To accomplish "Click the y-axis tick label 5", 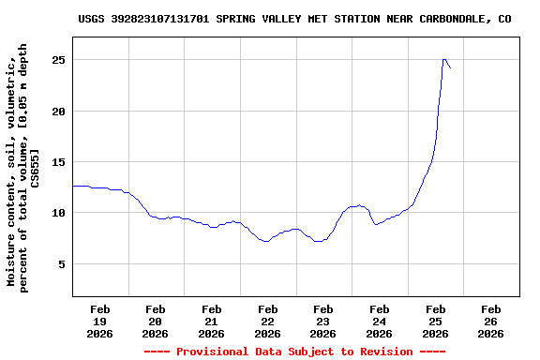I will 61,264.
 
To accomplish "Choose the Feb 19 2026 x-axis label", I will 99,321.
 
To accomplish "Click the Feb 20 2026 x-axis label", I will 156,321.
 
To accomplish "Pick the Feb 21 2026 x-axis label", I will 212,321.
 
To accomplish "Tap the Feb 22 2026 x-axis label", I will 267,321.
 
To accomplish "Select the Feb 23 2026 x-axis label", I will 323,321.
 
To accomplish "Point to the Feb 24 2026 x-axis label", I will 379,321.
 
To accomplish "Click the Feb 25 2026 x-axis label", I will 435,321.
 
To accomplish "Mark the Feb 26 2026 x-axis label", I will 490,321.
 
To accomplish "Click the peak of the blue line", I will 444,59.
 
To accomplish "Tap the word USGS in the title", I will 91,18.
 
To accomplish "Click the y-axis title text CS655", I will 35,168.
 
